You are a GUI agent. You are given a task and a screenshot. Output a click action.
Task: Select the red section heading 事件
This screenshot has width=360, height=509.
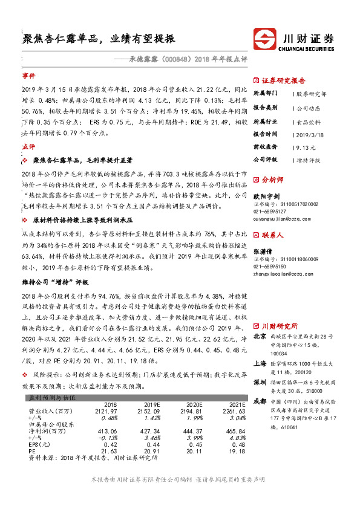[28, 77]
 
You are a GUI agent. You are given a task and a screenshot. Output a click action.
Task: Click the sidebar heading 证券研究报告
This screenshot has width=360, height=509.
[284, 80]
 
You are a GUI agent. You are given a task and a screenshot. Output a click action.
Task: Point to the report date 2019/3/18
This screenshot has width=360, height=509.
[309, 134]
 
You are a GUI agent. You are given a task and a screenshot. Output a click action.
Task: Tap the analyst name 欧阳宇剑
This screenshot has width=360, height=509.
[266, 196]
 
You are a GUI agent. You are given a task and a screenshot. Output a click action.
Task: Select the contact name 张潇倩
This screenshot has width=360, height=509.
[263, 251]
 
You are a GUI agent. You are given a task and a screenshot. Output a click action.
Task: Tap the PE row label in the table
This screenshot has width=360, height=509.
[32, 451]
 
